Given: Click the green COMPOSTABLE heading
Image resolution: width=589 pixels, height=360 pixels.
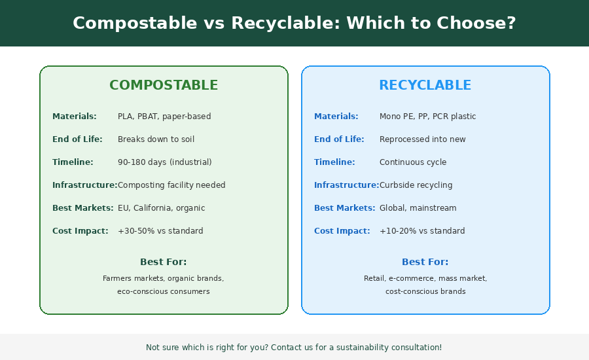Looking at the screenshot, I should tap(164, 86).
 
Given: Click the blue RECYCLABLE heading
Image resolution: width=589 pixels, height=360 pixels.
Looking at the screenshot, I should tap(425, 86).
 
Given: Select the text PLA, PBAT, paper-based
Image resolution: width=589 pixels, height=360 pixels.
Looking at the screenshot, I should tap(164, 117).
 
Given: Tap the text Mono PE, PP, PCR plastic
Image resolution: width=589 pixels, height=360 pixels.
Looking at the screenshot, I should tap(427, 117).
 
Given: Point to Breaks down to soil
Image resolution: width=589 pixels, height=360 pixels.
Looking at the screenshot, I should tap(156, 139).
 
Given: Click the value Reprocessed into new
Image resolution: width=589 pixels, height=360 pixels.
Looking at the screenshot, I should tap(422, 139).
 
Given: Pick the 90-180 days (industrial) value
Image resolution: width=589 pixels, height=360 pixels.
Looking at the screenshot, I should tap(164, 162).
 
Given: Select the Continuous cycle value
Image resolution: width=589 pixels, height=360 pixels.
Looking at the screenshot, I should tap(413, 162).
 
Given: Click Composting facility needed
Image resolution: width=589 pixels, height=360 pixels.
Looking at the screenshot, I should tap(171, 185).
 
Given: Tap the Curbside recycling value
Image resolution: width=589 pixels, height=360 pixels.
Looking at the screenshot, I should tap(416, 185).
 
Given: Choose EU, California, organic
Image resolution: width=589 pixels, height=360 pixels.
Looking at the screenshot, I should tap(161, 208).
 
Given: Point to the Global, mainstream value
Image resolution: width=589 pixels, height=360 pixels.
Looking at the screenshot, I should tap(418, 208).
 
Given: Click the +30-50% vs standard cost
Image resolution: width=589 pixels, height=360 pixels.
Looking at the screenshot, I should tap(160, 231).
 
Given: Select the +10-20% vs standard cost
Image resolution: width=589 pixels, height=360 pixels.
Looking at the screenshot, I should tap(422, 231).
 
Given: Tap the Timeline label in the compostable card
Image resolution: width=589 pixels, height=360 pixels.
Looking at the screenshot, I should tap(73, 162).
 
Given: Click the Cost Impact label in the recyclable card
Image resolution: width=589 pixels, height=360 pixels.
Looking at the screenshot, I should tap(342, 231).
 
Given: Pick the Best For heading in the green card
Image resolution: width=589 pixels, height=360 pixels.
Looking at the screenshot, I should tap(164, 262).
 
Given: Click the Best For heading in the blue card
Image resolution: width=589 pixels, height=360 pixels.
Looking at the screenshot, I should tap(425, 262).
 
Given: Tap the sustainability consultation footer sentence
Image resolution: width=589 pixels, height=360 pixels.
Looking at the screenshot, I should tap(294, 348).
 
